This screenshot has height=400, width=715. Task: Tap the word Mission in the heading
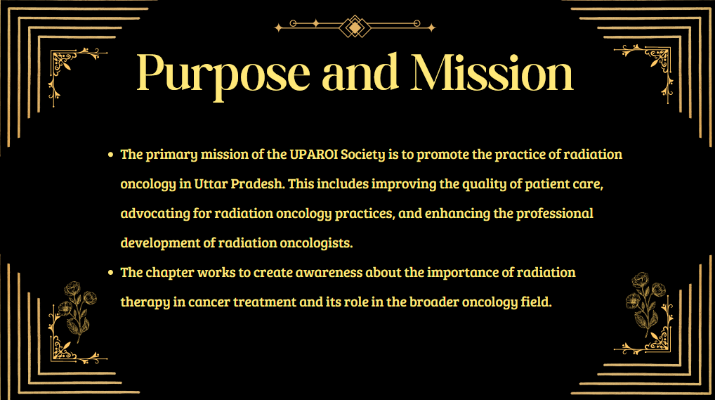pyautogui.click(x=492, y=72)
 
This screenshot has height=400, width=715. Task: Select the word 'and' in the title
pyautogui.click(x=360, y=72)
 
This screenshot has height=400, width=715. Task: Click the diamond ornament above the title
pyautogui.click(x=355, y=27)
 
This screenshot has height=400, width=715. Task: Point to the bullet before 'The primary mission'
pyautogui.click(x=110, y=155)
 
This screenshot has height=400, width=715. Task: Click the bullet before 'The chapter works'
pyautogui.click(x=110, y=273)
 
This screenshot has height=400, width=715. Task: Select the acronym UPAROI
pyautogui.click(x=314, y=155)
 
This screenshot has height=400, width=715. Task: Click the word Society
pyautogui.click(x=363, y=155)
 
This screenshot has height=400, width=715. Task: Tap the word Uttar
pyautogui.click(x=211, y=184)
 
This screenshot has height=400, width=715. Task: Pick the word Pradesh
pyautogui.click(x=258, y=183)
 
